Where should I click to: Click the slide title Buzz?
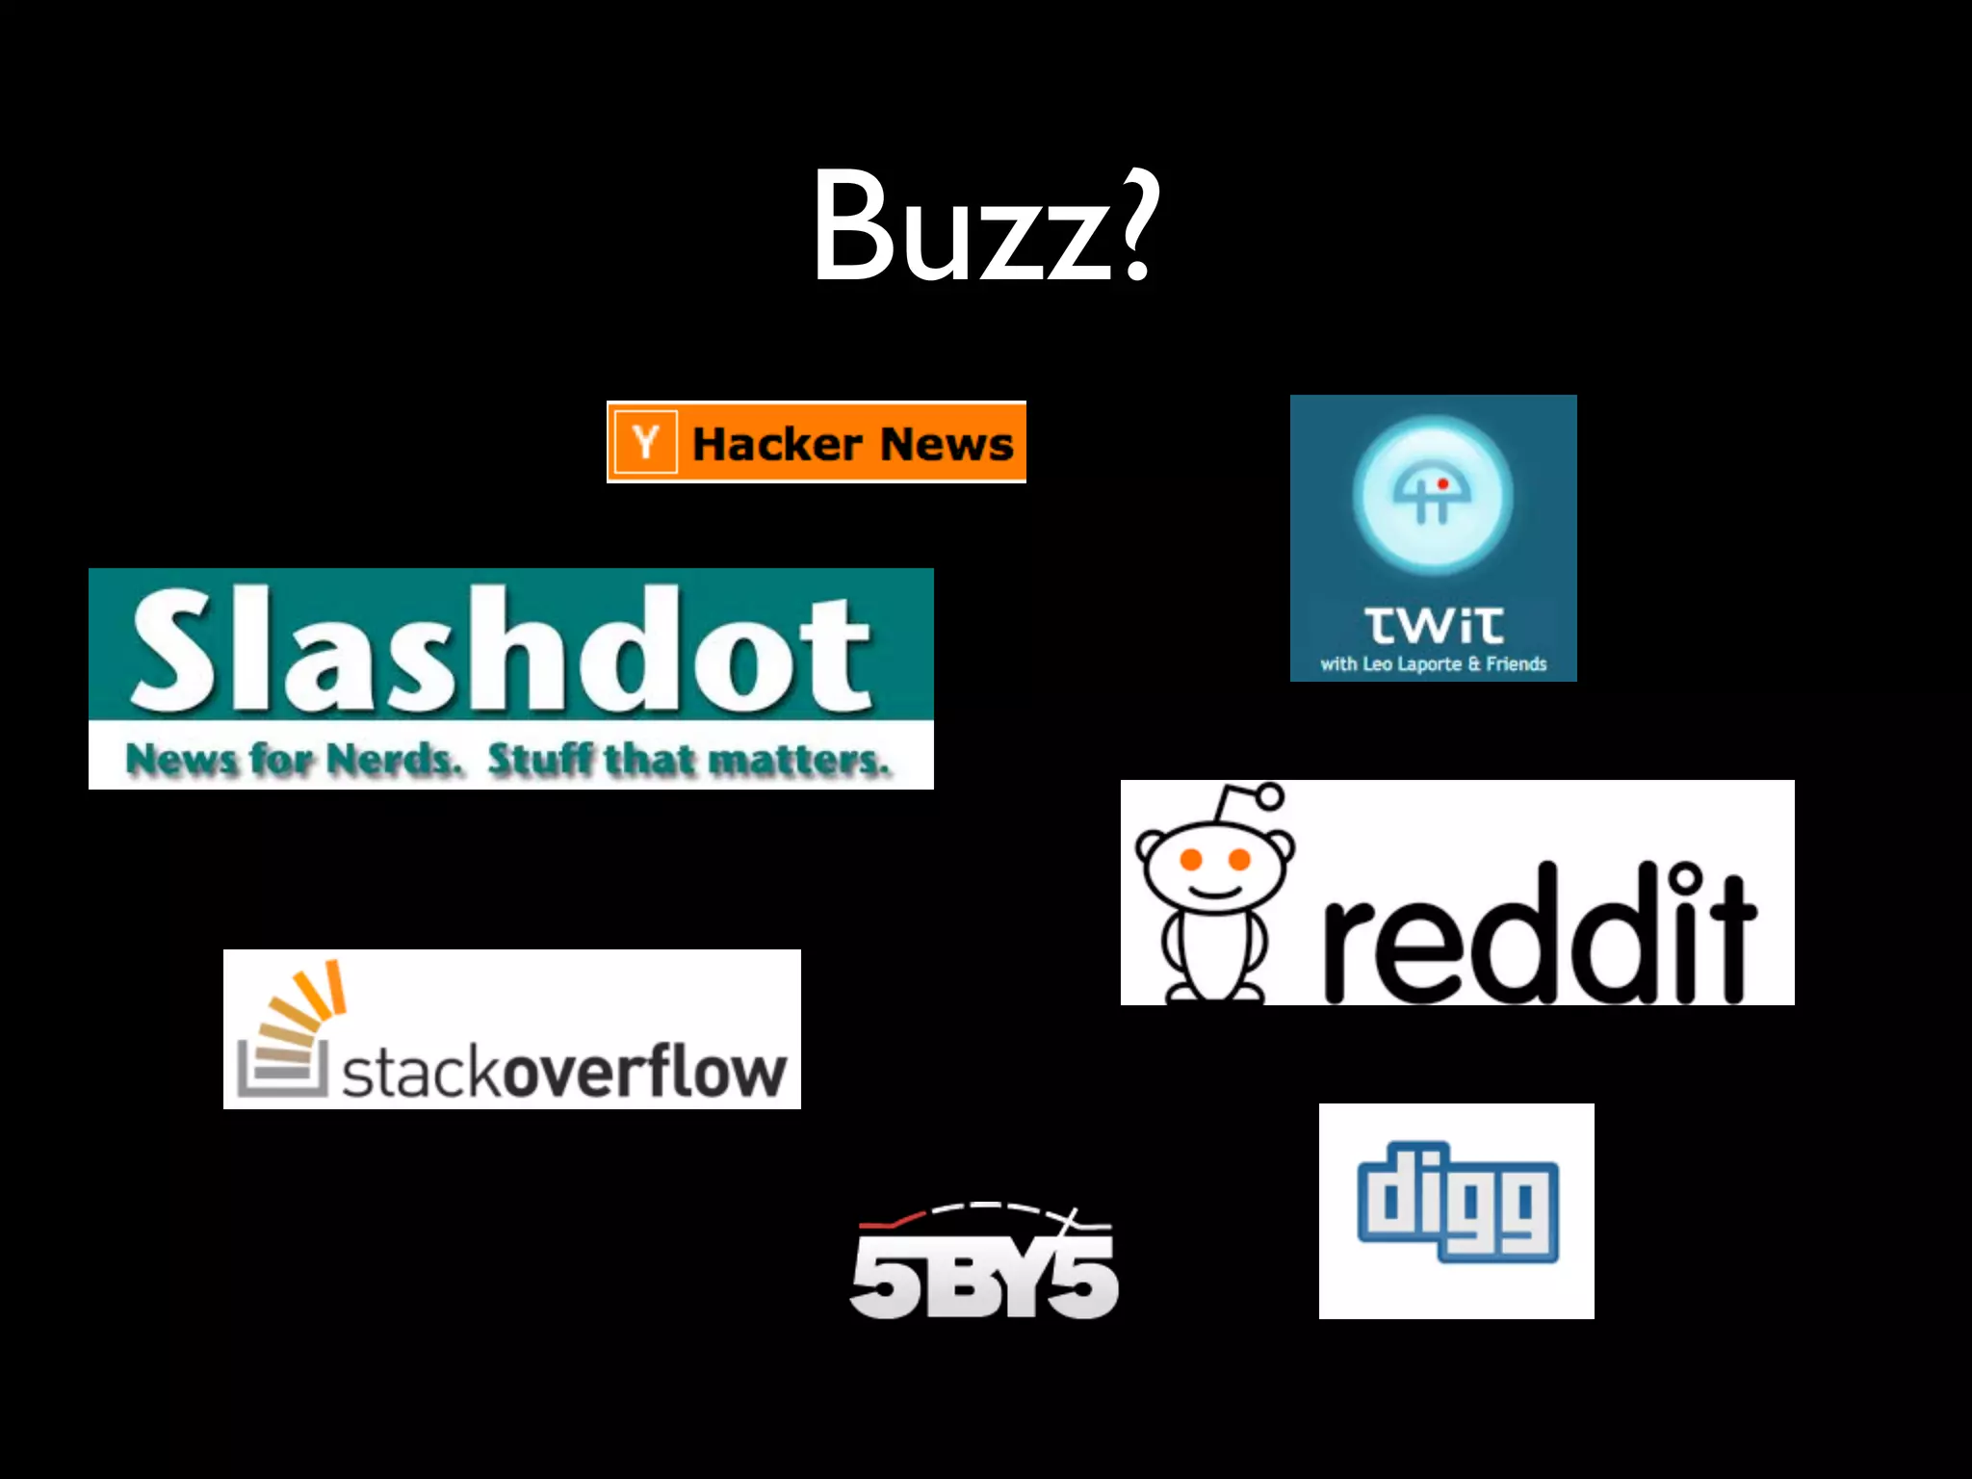click(x=984, y=227)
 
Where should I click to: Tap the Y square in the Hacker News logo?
click(x=645, y=443)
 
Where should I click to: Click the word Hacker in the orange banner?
click(x=776, y=444)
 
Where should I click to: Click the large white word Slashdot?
click(x=501, y=650)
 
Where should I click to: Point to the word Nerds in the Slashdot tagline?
click(x=394, y=760)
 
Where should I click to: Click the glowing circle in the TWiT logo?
click(x=1433, y=495)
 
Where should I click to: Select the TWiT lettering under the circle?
click(x=1433, y=626)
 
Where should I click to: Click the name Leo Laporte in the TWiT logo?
click(x=1412, y=664)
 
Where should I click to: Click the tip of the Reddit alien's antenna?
click(x=1270, y=796)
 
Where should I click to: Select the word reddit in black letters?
click(x=1539, y=934)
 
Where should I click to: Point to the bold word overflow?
click(x=643, y=1071)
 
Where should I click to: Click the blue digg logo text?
click(x=1457, y=1203)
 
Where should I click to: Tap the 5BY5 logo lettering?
click(x=984, y=1276)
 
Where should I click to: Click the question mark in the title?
click(x=1136, y=227)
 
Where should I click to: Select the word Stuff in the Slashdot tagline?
click(x=540, y=760)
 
